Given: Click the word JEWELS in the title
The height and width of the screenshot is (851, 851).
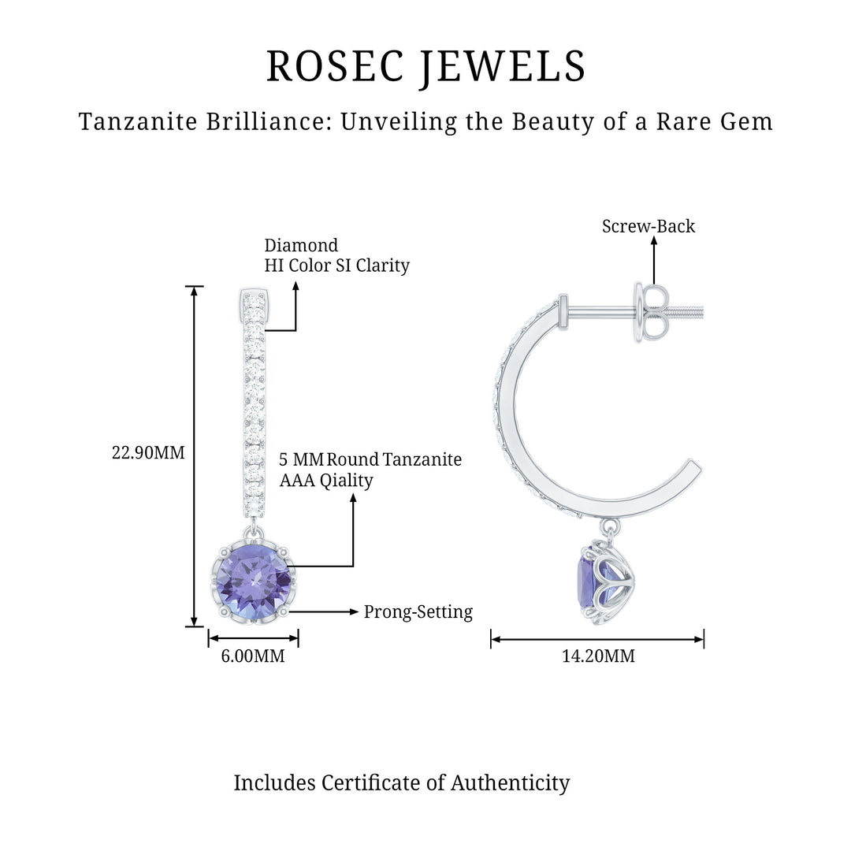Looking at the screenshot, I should click(504, 66).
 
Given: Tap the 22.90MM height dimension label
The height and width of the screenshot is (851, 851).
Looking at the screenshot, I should click(149, 453).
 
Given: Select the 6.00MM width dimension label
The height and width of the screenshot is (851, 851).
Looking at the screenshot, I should click(253, 656).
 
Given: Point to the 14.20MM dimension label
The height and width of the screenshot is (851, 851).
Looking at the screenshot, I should click(598, 656).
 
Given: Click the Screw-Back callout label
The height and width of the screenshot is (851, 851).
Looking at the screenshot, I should click(648, 227).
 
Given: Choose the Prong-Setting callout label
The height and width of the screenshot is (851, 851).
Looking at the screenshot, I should click(418, 612).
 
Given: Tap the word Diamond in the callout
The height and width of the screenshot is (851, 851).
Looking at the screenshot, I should click(301, 245).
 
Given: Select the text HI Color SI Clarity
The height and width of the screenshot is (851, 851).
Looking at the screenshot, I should click(336, 266).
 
